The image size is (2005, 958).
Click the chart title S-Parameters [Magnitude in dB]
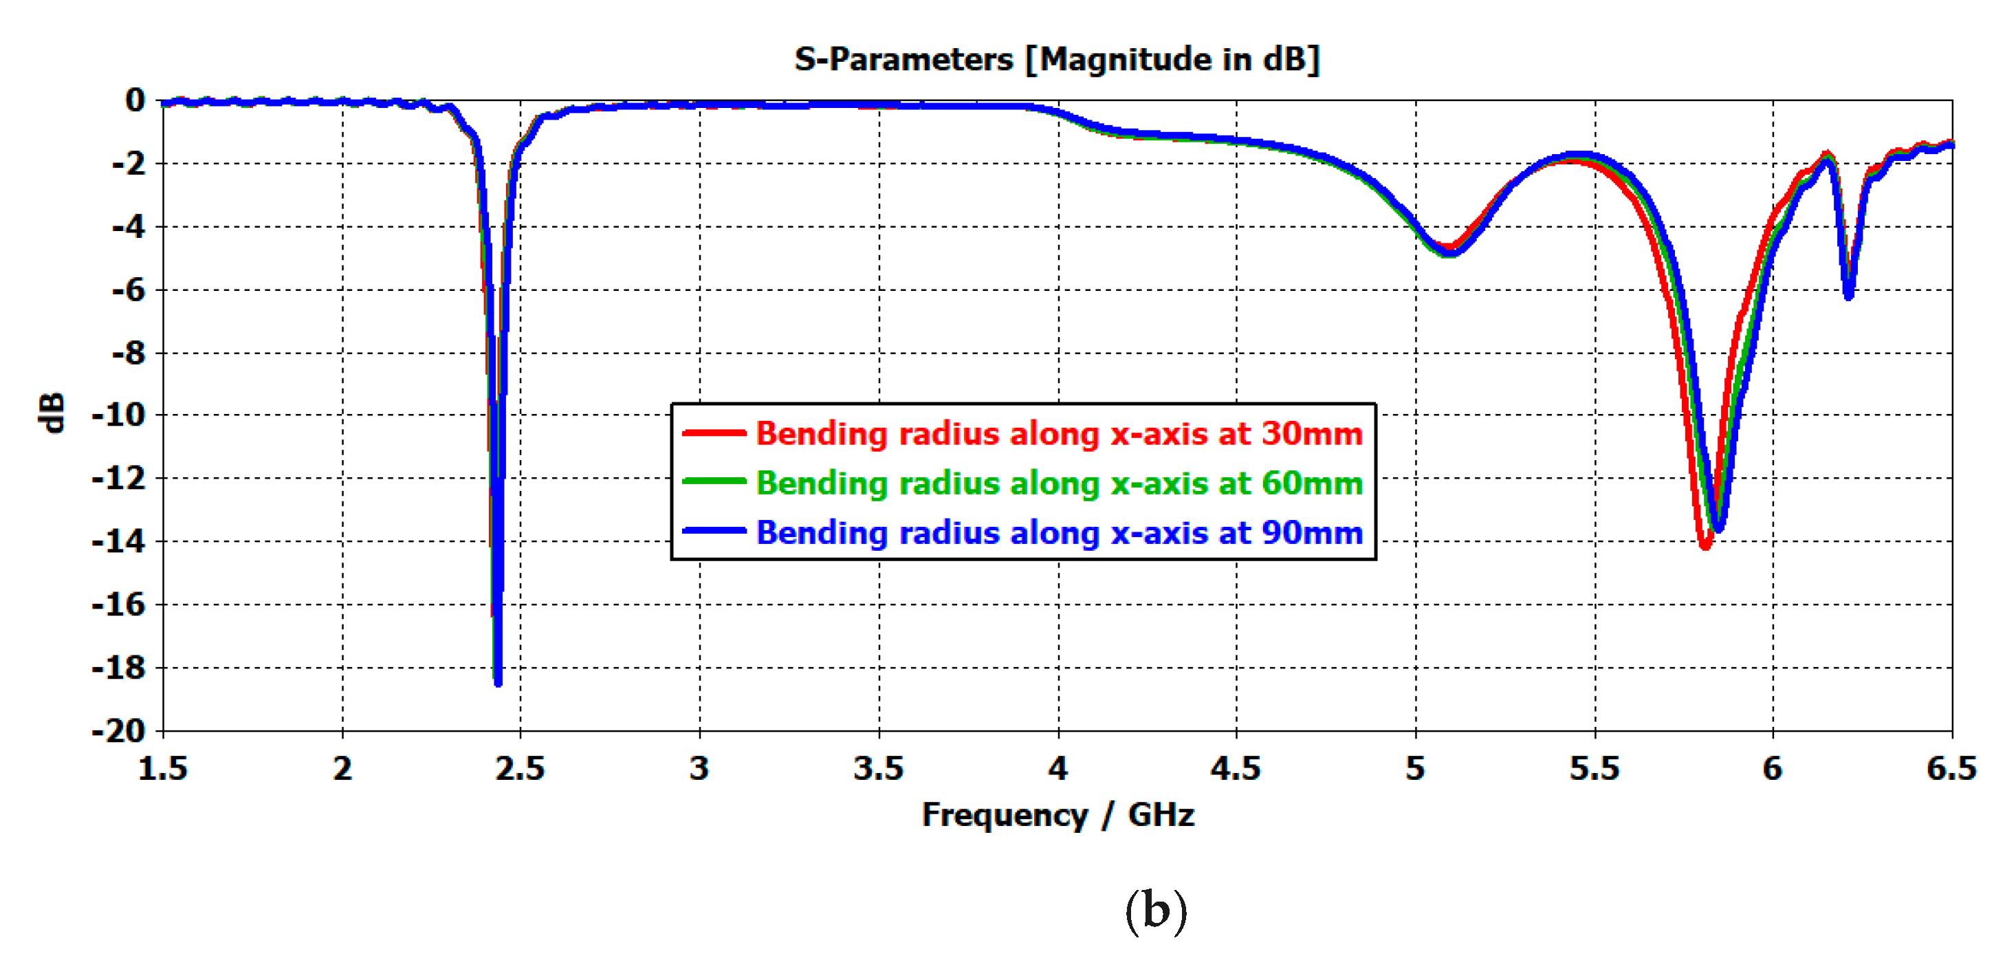(1056, 59)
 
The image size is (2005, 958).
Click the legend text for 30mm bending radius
(1059, 433)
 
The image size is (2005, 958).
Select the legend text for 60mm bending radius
(1059, 483)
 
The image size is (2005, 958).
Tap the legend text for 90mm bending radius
(1059, 533)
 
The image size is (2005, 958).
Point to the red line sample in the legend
(714, 433)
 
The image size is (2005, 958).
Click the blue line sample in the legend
(714, 532)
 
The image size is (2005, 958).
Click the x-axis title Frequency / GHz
(1057, 815)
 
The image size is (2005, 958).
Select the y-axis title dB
(52, 413)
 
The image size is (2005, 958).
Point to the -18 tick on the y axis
(119, 668)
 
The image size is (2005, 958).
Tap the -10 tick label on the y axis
(119, 415)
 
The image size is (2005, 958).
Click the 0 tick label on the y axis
(135, 100)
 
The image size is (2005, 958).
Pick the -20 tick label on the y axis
(119, 732)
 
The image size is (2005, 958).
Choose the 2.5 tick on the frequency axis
(520, 769)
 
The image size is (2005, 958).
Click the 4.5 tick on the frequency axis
(1235, 769)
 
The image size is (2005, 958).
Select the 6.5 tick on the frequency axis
(1951, 769)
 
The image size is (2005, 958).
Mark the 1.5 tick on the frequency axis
(163, 769)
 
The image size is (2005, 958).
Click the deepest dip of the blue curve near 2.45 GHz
(498, 682)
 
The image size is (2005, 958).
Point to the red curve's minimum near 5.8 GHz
(1705, 545)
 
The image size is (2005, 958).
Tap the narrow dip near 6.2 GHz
(1848, 294)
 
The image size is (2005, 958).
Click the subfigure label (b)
(1156, 911)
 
